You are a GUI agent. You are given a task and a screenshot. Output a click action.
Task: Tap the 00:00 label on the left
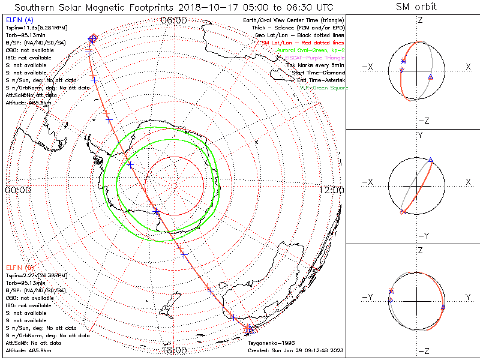(x=18, y=190)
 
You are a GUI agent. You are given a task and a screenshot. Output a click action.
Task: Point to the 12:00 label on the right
(x=332, y=190)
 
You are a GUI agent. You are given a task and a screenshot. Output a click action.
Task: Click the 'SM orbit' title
(x=416, y=7)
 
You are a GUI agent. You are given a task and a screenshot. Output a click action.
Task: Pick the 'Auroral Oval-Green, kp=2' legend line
(x=311, y=50)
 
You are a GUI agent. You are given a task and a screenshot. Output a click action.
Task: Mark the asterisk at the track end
(x=248, y=329)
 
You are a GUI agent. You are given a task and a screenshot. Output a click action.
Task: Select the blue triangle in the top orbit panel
(x=431, y=76)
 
